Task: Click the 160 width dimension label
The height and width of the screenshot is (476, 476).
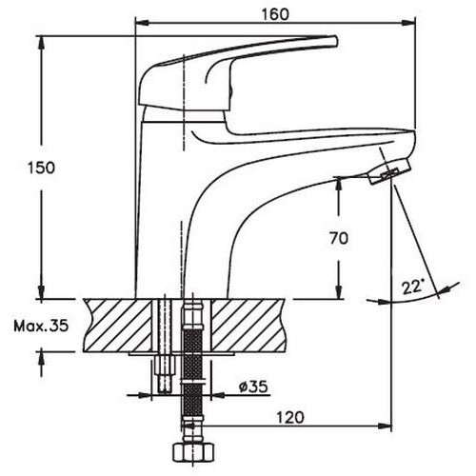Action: click(x=275, y=14)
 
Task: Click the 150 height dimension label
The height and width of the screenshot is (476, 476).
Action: click(x=41, y=168)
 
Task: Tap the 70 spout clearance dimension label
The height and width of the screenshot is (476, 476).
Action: click(x=339, y=238)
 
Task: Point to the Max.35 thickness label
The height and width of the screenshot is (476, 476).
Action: click(x=41, y=326)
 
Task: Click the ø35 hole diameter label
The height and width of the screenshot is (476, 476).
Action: click(x=253, y=387)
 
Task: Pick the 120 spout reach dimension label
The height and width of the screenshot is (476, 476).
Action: click(x=290, y=417)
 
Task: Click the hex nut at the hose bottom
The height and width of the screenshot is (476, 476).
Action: click(x=193, y=450)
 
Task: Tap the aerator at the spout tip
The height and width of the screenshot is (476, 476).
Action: click(x=389, y=171)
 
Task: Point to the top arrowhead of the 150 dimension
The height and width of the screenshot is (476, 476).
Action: click(x=41, y=43)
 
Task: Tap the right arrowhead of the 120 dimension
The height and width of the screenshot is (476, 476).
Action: click(x=386, y=426)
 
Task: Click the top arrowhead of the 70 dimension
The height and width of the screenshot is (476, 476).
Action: click(x=339, y=185)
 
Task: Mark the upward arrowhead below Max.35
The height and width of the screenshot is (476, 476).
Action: click(x=41, y=358)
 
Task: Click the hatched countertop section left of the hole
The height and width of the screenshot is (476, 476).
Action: click(x=117, y=326)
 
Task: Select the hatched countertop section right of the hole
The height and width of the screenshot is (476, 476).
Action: click(x=247, y=326)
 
